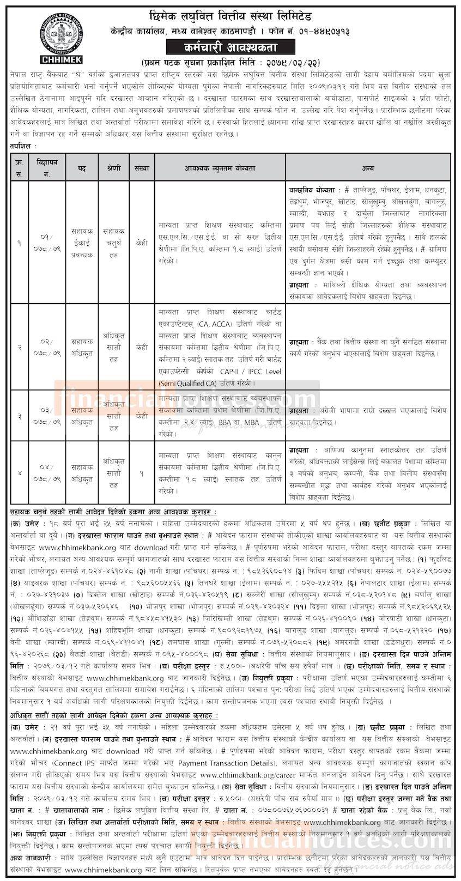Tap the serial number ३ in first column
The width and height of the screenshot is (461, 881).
point(20,416)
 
